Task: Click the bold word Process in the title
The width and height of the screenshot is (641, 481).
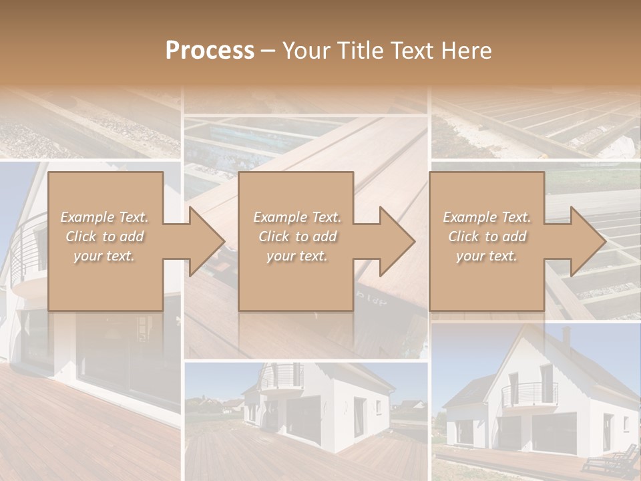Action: (210, 50)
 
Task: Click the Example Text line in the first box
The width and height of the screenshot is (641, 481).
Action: (105, 217)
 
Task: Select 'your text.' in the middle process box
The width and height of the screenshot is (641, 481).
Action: (296, 256)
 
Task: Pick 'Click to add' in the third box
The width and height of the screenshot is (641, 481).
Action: (487, 236)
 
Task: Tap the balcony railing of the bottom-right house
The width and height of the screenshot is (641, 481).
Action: (529, 394)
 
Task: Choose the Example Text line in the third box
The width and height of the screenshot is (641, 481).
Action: (487, 217)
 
